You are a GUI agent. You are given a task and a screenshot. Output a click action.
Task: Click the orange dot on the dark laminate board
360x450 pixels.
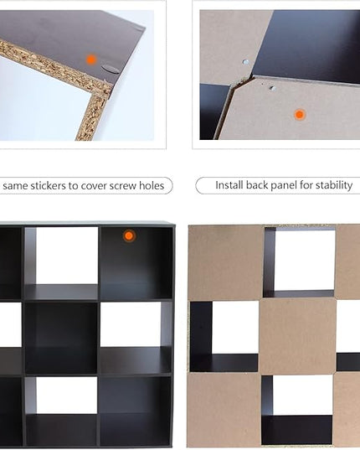coord(91,59)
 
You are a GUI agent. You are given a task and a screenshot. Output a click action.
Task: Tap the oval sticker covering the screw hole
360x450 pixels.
coord(111,69)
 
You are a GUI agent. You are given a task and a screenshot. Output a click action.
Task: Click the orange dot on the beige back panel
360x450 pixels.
coord(300,115)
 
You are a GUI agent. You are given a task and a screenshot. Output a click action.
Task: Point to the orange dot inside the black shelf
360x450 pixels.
coord(129,236)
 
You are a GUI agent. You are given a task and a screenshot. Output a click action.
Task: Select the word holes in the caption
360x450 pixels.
coord(152,185)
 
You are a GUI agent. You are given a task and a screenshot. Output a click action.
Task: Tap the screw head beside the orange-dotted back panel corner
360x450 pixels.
coord(273,88)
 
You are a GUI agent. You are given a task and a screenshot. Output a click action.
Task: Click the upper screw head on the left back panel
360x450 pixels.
coord(245,62)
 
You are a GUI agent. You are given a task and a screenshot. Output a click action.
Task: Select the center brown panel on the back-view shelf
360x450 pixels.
coord(297,335)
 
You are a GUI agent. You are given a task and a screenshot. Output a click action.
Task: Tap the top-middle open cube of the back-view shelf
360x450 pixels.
coord(299,262)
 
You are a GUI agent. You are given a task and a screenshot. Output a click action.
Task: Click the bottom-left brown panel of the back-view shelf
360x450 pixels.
coord(224,410)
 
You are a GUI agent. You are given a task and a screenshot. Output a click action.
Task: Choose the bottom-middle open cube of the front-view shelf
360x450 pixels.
coord(61,411)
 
